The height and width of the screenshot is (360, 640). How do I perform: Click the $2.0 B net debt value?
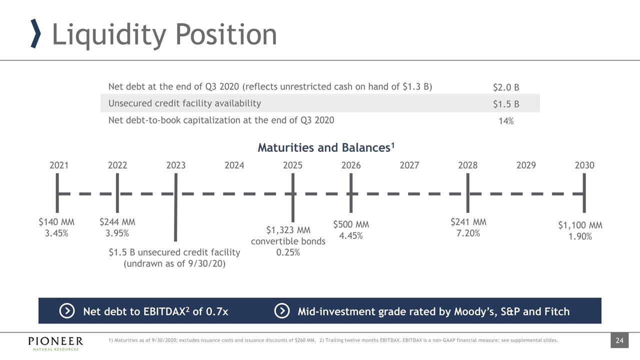(506, 87)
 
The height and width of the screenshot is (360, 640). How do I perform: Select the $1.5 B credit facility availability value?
(506, 104)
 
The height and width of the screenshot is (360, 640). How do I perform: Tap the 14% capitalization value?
(506, 121)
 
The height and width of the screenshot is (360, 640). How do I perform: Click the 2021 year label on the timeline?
(59, 165)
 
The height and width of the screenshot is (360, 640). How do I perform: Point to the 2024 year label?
(234, 165)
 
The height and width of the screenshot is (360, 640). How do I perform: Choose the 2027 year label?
(409, 165)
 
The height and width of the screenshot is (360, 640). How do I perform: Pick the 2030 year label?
(584, 165)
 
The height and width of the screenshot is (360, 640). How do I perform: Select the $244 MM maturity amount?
(117, 222)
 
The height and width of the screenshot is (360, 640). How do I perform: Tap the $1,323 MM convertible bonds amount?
(288, 230)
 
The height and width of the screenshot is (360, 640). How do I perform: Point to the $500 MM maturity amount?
(351, 225)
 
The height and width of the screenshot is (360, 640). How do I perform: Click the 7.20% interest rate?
(468, 233)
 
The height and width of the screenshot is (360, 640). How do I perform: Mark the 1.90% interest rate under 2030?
(580, 236)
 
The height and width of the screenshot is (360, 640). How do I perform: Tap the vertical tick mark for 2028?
(467, 193)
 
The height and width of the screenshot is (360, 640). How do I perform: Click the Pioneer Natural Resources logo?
(55, 342)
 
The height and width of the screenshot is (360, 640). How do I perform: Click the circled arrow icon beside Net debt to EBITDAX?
(67, 311)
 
